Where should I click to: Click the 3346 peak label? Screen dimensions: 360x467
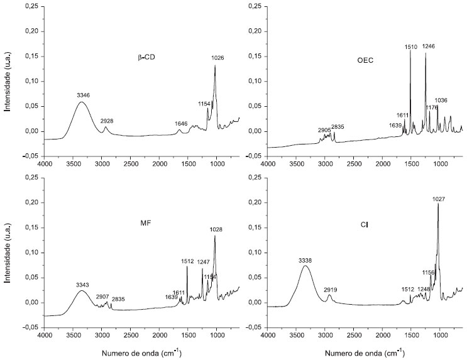pos(84,95)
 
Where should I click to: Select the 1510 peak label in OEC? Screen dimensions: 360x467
pos(412,46)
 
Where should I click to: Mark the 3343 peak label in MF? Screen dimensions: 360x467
pos(84,285)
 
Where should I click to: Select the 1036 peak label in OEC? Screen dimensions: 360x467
pos(441,100)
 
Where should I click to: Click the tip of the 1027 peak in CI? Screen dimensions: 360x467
pos(438,204)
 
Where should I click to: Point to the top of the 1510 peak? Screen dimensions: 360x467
pos(410,50)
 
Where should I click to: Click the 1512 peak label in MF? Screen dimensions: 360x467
pos(187,262)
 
